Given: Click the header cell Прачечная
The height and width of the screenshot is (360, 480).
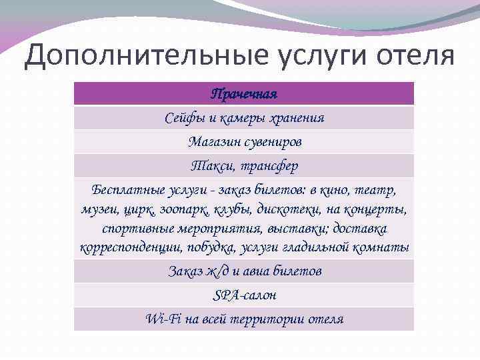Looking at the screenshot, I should click(243, 93).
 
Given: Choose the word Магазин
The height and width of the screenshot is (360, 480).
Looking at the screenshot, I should click(211, 142).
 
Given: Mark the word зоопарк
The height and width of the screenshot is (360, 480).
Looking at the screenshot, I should click(182, 209).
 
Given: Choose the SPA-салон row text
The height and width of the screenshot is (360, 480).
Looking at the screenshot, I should click(243, 295).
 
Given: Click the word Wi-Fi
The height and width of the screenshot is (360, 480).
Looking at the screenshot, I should click(160, 319).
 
